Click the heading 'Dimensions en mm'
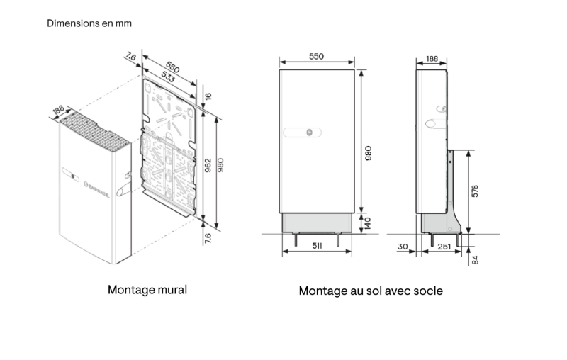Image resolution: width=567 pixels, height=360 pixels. coord(89,23)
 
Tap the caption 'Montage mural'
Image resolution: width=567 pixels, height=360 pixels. coord(147,290)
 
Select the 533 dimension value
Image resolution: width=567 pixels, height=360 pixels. coord(169,79)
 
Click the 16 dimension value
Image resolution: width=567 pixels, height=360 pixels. coord(208,96)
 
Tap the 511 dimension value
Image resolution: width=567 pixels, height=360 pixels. coord(317,246)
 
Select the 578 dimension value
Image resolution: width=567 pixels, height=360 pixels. coord(475,191)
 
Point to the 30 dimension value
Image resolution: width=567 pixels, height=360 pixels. coord(403,246)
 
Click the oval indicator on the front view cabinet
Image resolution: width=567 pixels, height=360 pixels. coord(303,133)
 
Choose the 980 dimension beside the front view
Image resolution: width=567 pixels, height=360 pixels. coord(368,152)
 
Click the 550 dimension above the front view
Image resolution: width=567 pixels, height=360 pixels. coord(317,56)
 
